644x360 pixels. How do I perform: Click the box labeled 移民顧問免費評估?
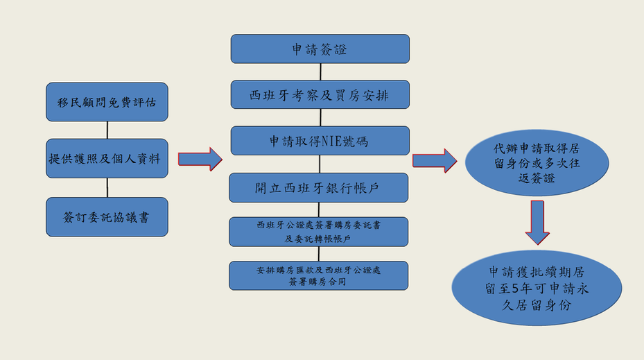pos(107,102)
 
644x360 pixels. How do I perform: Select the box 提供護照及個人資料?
pos(107,158)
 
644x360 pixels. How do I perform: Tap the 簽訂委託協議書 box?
pos(107,216)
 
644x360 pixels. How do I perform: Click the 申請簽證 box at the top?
pos(320,49)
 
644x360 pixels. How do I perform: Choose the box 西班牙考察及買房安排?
pos(320,94)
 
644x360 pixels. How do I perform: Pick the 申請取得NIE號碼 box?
pos(320,141)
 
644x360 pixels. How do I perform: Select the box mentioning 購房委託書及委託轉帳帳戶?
pos(318,232)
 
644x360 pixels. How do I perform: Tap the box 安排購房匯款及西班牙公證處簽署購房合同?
pos(318,275)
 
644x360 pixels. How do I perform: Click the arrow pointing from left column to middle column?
pos(200,159)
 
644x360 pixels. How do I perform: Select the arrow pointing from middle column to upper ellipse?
pos(434,160)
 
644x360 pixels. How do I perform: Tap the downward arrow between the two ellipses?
pos(537,221)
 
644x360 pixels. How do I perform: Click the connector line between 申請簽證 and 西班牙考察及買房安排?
pos(320,72)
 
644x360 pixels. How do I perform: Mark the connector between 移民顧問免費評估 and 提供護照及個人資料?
pos(107,130)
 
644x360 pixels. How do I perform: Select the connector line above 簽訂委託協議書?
pos(107,187)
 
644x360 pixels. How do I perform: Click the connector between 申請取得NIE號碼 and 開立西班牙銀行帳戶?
pos(320,164)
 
